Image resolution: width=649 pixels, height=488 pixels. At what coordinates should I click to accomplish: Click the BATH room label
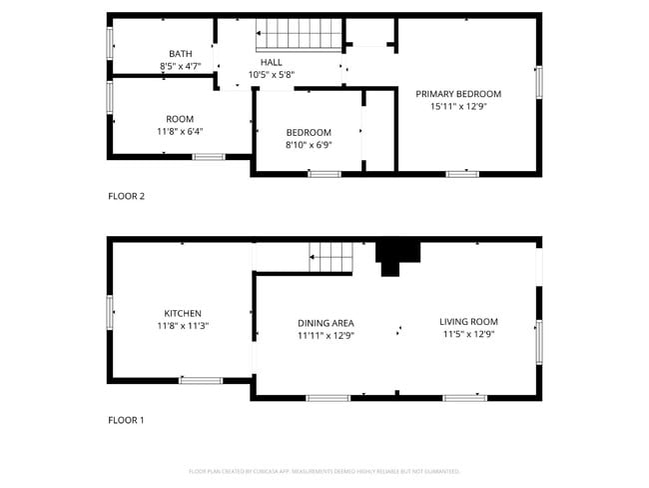[181, 54]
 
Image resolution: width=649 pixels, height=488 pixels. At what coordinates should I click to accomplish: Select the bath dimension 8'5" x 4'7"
[181, 66]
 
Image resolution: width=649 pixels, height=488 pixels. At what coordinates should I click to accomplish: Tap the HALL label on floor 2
[272, 62]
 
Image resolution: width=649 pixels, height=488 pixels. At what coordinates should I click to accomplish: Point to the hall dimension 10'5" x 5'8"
[272, 74]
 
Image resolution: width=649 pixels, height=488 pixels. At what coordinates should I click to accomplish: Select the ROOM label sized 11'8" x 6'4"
[180, 119]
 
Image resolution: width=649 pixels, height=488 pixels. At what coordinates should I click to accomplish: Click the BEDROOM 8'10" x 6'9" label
[309, 132]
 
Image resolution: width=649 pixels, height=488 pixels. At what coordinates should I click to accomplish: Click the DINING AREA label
[325, 323]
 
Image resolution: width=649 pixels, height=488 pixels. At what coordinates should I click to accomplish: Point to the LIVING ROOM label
[468, 322]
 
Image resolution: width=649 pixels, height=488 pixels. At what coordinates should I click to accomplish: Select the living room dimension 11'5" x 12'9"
[468, 334]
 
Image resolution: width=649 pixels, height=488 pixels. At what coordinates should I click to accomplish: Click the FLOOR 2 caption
[127, 196]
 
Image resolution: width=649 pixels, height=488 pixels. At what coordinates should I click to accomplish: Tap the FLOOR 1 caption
[126, 420]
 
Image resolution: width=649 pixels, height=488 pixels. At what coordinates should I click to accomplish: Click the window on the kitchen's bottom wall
[201, 380]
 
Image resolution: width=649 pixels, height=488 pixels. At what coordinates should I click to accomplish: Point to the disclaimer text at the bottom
[324, 471]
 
